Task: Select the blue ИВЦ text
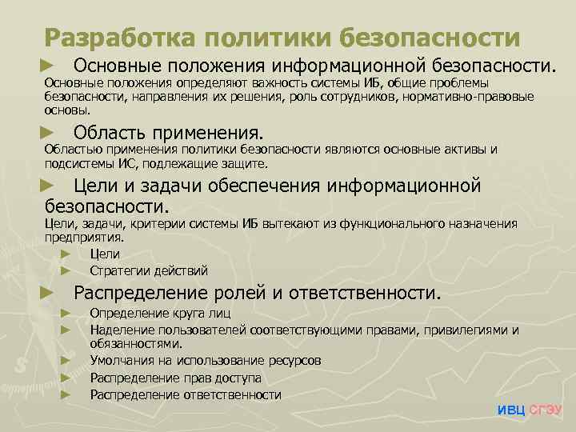pyautogui.click(x=511, y=410)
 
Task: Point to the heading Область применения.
pyautogui.click(x=167, y=131)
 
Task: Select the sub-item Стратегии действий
pyautogui.click(x=149, y=270)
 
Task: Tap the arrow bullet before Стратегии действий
pyautogui.click(x=66, y=270)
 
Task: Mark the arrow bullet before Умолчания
pyautogui.click(x=66, y=361)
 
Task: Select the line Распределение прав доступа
pyautogui.click(x=175, y=378)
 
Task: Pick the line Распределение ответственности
pyautogui.click(x=186, y=394)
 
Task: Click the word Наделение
pyautogui.click(x=120, y=330)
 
